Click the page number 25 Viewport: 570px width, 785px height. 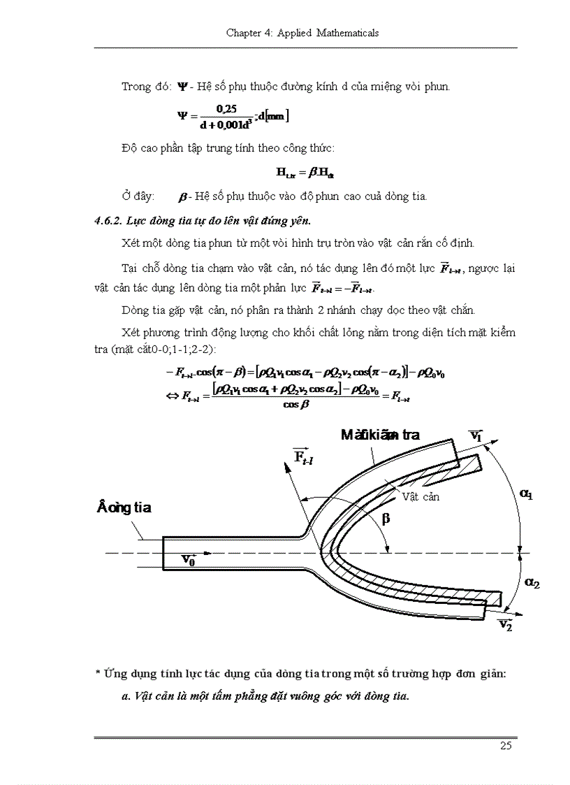tap(506, 745)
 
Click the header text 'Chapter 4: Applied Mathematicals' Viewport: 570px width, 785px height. tap(302, 33)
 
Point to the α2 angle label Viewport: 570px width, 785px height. tap(531, 583)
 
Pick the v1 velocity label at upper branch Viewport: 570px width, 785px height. tap(476, 435)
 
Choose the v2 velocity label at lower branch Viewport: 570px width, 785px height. tap(506, 624)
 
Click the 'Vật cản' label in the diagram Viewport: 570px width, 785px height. tap(420, 496)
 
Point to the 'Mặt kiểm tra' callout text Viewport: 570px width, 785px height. tap(380, 435)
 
